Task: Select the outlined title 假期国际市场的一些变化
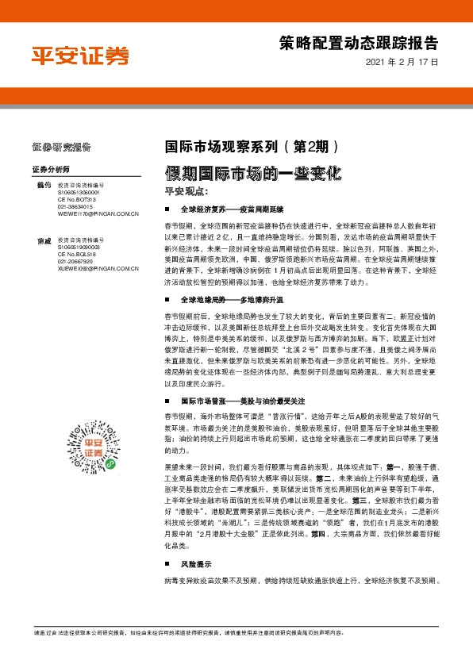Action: pos(252,172)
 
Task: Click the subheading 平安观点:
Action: pos(185,191)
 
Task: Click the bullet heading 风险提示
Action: pos(197,543)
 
